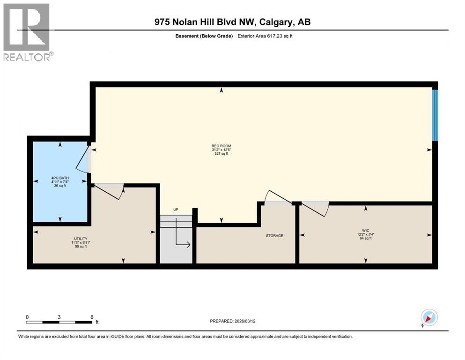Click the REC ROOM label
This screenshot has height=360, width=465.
[221, 146]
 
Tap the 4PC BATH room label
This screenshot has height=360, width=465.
[60, 178]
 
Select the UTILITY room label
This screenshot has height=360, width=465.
[81, 239]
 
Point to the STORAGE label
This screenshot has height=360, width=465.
[274, 236]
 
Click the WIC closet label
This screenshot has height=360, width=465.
[366, 230]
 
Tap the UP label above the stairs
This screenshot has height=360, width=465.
[176, 210]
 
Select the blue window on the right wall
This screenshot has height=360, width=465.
[435, 115]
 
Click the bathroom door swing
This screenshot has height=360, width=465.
[83, 159]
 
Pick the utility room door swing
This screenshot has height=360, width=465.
[109, 191]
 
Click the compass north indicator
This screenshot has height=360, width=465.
[429, 318]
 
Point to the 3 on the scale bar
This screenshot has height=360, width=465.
[59, 317]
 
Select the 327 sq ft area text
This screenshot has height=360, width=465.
[221, 154]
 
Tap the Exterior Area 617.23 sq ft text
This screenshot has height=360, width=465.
[265, 36]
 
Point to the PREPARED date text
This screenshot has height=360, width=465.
[232, 321]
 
